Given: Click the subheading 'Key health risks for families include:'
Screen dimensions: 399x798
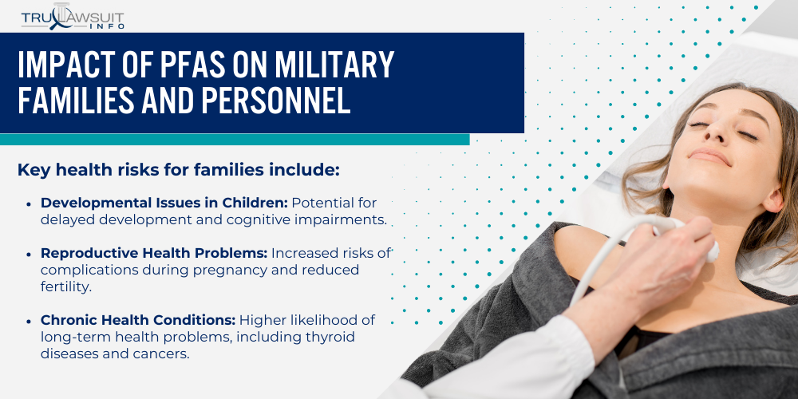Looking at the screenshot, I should coord(179,170).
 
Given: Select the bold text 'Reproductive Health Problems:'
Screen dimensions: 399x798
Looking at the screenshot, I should coord(154,253).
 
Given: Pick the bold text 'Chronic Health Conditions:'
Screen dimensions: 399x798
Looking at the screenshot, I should coord(137,320).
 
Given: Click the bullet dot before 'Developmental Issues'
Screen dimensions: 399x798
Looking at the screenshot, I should coord(29,203).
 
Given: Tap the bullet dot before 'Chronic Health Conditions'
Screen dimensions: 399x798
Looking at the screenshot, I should coord(29,321).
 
